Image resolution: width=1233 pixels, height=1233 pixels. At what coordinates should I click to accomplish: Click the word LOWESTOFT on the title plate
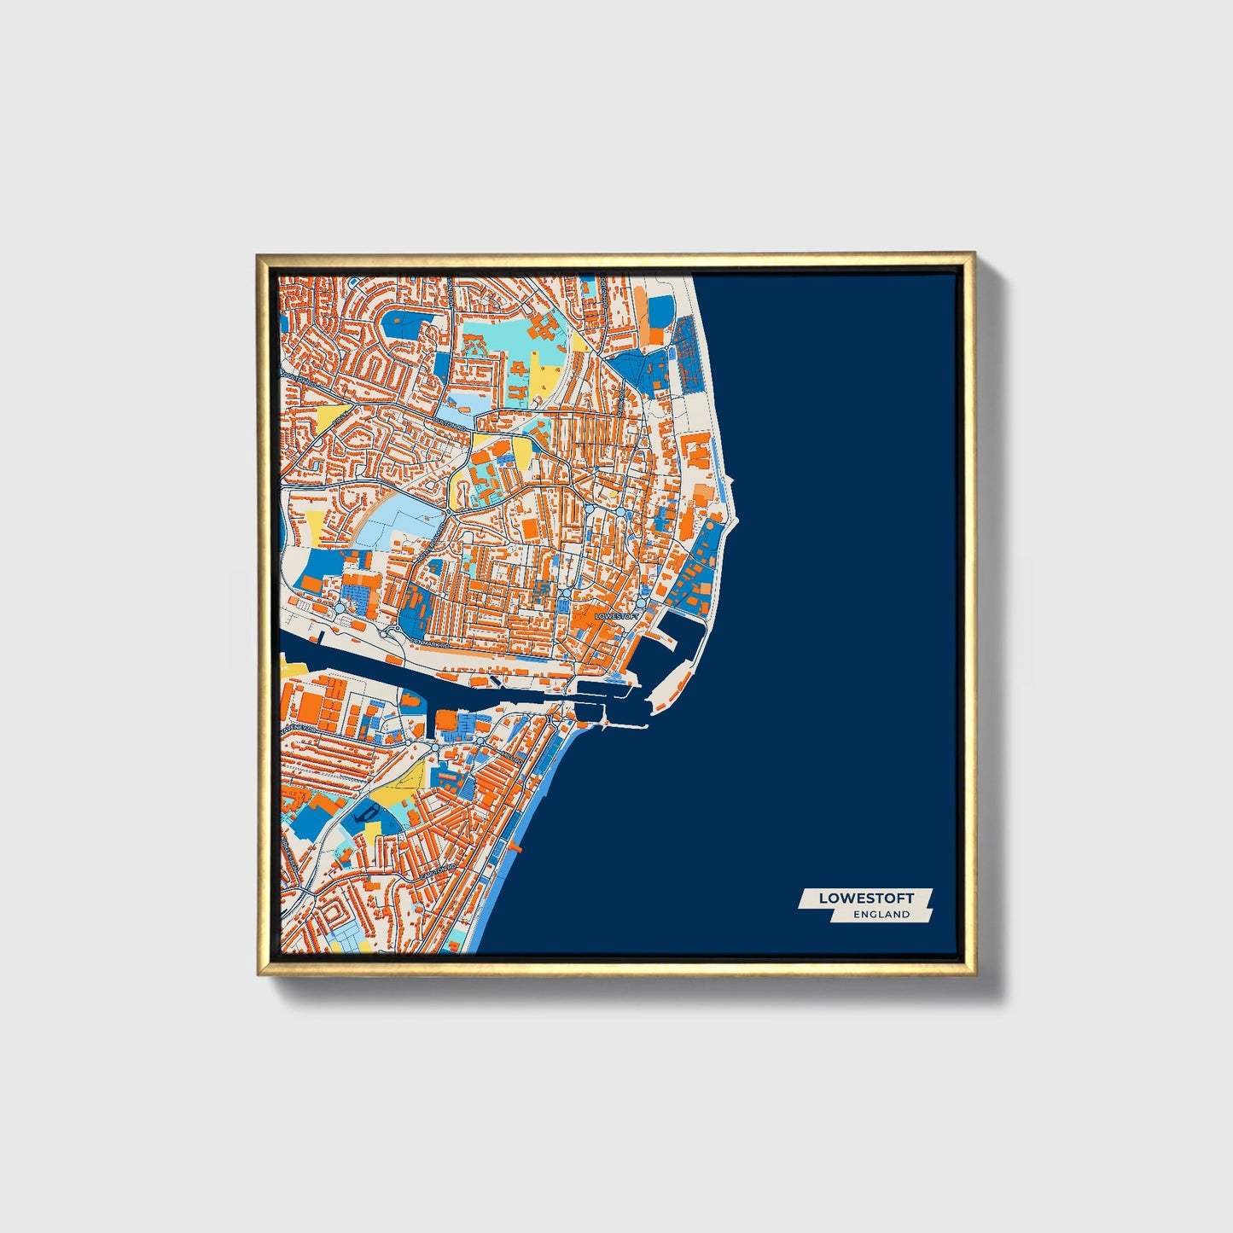pos(866,898)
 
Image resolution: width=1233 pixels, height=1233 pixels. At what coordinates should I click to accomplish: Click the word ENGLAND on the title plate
pos(881,914)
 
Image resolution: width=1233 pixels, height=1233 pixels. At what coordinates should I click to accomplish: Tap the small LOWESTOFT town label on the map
pos(616,615)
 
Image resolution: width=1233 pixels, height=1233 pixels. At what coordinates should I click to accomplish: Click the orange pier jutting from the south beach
pos(514,848)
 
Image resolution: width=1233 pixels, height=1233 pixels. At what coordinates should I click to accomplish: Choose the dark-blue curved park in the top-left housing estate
pos(401,325)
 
